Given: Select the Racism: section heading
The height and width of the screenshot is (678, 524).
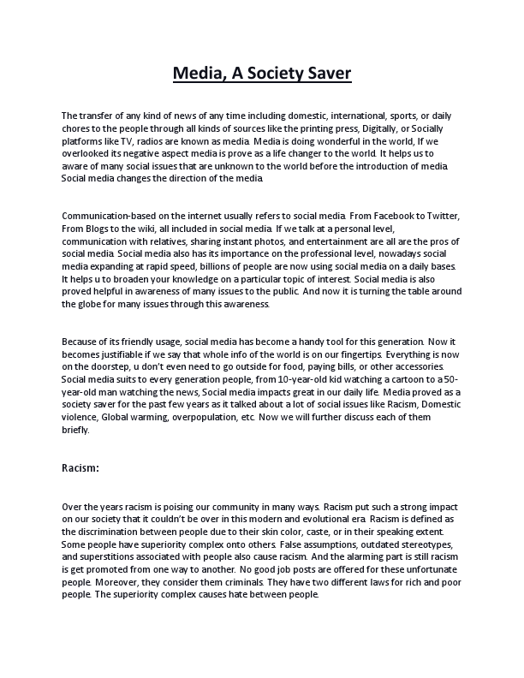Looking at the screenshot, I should [x=81, y=468].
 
